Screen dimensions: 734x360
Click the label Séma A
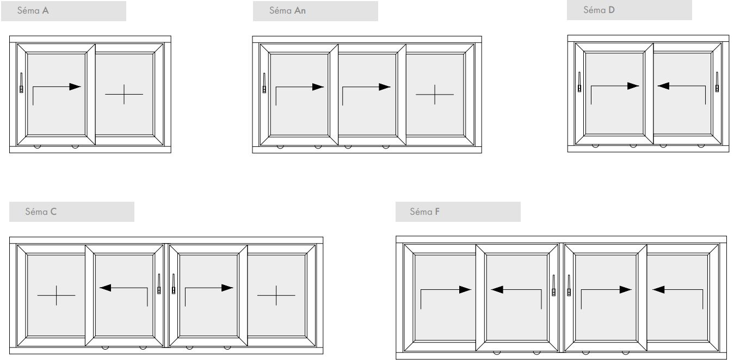click(33, 11)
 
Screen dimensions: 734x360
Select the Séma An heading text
click(287, 11)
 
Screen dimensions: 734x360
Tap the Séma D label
click(599, 10)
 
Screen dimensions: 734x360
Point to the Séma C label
click(41, 212)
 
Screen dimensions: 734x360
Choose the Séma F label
click(424, 212)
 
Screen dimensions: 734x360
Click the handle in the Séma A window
click(22, 83)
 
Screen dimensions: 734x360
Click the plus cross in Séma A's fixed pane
click(124, 94)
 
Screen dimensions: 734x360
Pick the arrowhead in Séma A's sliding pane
click(75, 87)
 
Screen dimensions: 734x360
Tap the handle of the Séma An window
click(264, 83)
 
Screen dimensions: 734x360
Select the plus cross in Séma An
click(435, 95)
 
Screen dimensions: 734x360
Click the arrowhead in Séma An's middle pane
click(385, 87)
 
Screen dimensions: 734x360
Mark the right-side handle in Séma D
click(717, 82)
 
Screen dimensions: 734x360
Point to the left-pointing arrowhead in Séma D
click(664, 86)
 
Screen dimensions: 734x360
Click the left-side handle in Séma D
click(579, 82)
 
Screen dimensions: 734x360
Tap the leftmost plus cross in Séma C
click(57, 295)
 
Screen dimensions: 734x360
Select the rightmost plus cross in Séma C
click(276, 295)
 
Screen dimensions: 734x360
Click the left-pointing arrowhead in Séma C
click(105, 288)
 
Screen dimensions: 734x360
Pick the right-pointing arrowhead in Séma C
click(227, 288)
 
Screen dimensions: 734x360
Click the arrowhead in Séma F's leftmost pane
click(465, 289)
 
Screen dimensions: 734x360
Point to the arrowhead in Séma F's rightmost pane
click(658, 289)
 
